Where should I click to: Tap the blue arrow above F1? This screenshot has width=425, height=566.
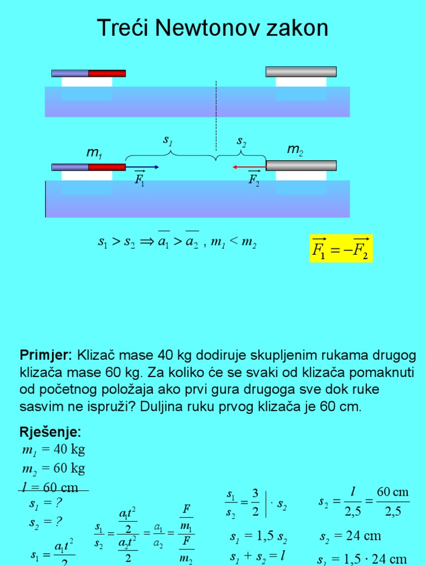click(x=142, y=166)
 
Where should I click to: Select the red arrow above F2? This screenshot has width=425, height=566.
click(x=249, y=166)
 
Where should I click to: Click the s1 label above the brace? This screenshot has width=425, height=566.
click(x=168, y=141)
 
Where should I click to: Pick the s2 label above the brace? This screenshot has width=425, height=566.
click(x=241, y=141)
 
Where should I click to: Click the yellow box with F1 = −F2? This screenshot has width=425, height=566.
click(x=341, y=248)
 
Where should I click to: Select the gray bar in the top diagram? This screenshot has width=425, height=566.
click(x=300, y=71)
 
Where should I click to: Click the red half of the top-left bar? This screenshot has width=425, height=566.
click(x=107, y=73)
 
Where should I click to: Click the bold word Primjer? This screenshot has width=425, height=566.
click(x=46, y=354)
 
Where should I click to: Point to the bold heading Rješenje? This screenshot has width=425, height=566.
click(x=50, y=431)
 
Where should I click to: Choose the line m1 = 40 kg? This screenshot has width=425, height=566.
click(x=53, y=449)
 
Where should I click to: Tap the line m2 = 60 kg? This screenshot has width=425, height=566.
click(x=53, y=469)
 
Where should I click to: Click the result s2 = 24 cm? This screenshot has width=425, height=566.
click(x=350, y=536)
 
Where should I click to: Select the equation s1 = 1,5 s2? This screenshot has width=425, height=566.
click(x=258, y=537)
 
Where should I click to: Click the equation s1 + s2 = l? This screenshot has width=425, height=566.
click(x=259, y=555)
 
